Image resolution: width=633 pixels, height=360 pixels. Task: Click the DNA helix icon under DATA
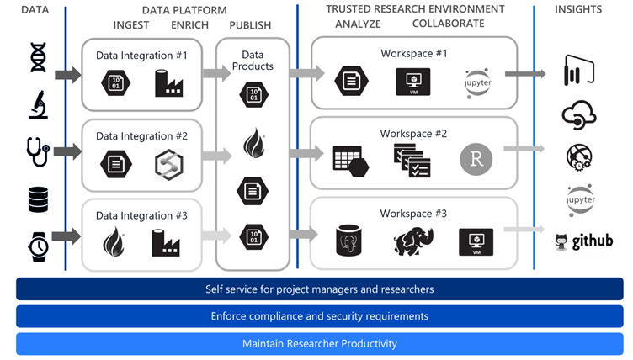point(36,57)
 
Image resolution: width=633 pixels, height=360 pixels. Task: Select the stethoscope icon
point(37,152)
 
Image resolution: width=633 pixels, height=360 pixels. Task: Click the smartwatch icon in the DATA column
point(36,244)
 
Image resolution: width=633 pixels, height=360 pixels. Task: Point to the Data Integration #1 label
point(141,56)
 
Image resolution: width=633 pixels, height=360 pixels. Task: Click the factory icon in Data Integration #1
point(168,82)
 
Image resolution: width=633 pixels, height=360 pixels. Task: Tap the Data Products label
point(252,61)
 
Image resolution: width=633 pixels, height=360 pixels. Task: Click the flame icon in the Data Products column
point(253,143)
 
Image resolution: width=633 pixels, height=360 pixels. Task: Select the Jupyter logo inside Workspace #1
point(477,82)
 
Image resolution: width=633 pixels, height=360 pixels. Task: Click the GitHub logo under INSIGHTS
point(582,242)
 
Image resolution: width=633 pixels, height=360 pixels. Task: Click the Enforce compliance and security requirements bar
point(319,316)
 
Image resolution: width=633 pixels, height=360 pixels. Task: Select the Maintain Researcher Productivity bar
point(319,343)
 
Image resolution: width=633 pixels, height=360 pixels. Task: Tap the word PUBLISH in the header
point(250,25)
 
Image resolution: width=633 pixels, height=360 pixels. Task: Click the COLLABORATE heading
point(448,24)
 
